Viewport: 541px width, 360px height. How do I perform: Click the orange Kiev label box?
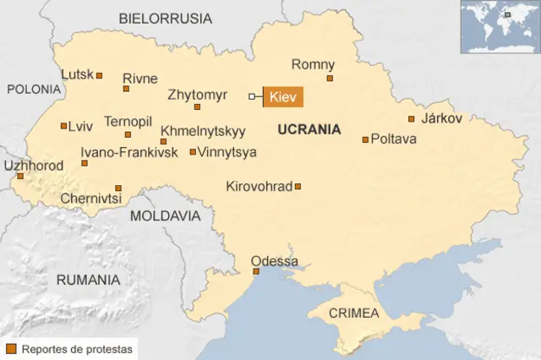point(283,97)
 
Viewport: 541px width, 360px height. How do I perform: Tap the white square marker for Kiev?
point(251,96)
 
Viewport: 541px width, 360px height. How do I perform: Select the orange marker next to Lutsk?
point(99,75)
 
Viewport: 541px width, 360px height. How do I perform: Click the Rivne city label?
point(139,79)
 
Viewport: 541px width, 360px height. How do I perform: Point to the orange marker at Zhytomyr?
point(197,106)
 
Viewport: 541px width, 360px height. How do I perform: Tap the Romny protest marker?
point(330,78)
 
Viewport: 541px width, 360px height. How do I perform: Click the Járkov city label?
point(441,118)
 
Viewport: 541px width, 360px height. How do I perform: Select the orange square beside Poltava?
point(365,139)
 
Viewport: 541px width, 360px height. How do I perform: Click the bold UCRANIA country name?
point(309,129)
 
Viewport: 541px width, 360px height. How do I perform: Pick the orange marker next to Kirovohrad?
point(298,186)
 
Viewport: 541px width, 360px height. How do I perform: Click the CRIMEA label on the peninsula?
point(353,313)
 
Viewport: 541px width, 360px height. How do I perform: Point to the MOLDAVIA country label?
point(165,215)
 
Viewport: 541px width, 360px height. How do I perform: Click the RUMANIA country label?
point(88,279)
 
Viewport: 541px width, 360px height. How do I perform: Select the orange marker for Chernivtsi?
point(118,188)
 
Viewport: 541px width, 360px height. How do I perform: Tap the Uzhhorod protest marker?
point(20,177)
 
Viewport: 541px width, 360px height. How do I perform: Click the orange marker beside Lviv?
point(63,126)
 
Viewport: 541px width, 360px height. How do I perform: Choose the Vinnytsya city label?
point(227,152)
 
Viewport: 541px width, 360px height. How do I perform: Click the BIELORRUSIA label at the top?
point(166,18)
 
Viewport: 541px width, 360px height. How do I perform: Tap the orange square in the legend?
point(11,348)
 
